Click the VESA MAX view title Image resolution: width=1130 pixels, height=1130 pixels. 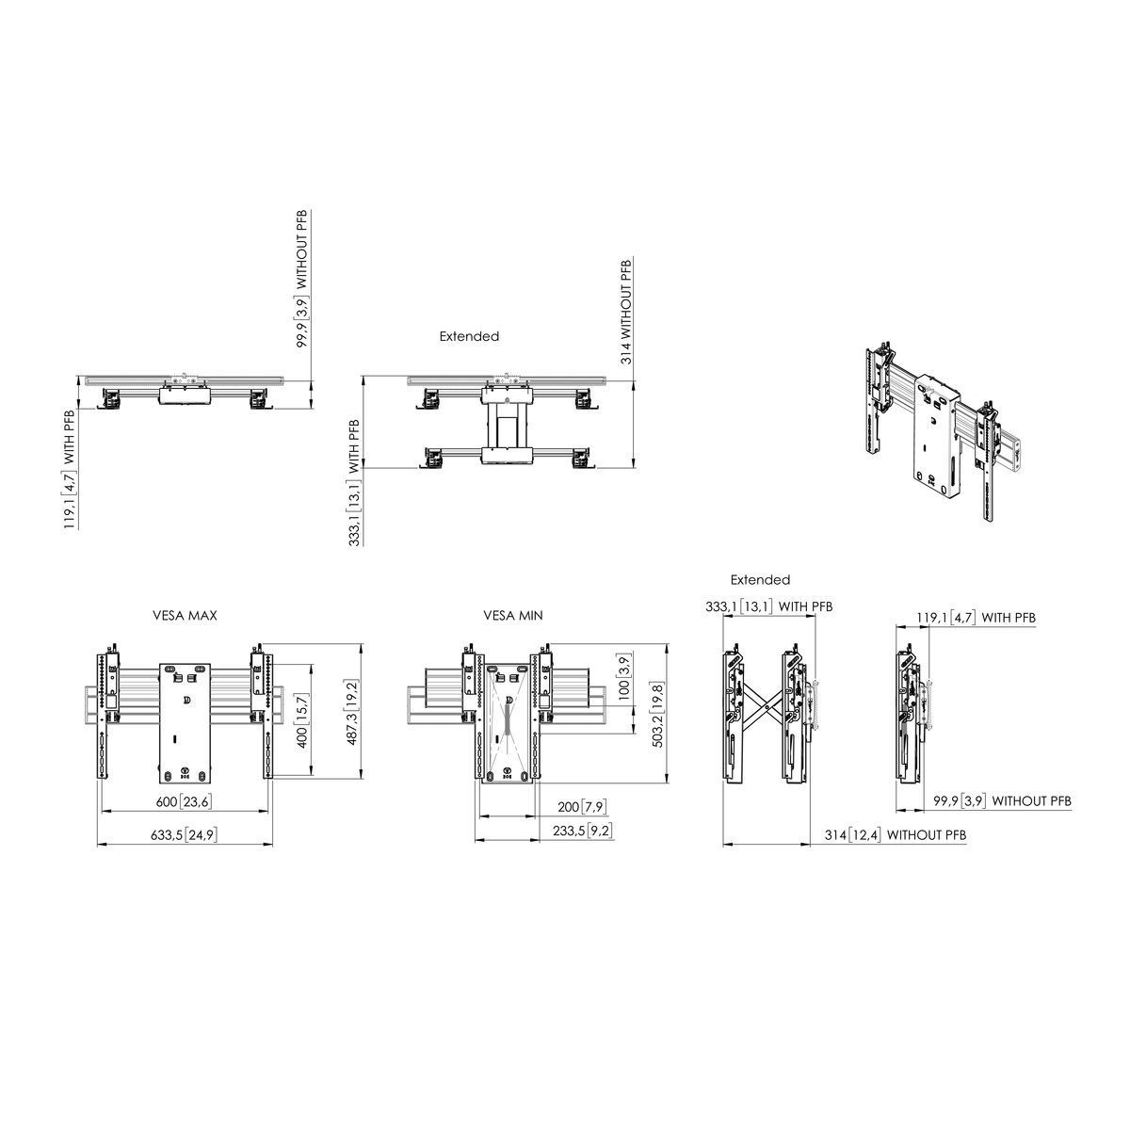[186, 616]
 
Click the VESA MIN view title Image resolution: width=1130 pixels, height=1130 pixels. [513, 616]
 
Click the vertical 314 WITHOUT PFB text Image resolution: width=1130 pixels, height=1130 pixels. [627, 311]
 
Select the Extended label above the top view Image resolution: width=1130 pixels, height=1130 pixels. [469, 336]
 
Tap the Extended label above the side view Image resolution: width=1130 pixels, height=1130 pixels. [760, 580]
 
